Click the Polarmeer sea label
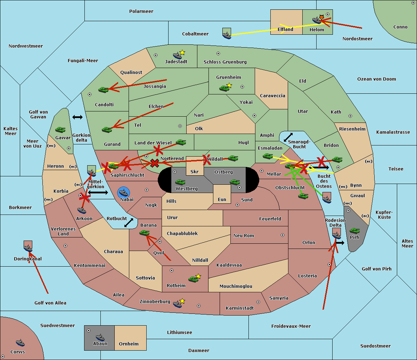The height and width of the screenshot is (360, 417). [141, 11]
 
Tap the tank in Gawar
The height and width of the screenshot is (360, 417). [60, 130]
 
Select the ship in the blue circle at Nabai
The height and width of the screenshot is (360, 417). [124, 193]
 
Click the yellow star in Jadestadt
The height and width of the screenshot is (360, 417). [182, 52]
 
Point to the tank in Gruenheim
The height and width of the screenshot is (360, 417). [224, 88]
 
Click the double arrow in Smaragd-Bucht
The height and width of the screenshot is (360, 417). [288, 137]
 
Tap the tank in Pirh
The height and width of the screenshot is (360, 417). [354, 231]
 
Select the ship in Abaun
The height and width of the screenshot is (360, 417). [100, 337]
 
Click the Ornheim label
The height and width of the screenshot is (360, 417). [129, 344]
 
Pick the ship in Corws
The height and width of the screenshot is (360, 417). [20, 343]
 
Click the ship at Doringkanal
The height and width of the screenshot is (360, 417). [28, 248]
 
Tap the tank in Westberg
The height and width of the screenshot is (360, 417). [180, 182]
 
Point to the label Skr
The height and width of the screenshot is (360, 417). [194, 172]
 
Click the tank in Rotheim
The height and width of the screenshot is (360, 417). [193, 279]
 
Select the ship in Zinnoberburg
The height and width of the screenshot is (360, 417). [178, 304]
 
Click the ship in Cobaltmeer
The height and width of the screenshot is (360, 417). [227, 35]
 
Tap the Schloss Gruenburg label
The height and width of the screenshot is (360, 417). [225, 62]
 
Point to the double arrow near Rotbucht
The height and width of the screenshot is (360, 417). [129, 223]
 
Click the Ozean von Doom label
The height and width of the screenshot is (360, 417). [376, 79]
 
